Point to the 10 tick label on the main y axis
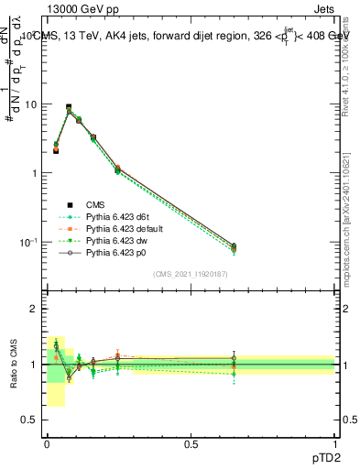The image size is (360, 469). (x=30, y=104)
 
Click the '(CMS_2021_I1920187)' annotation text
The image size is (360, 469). (x=190, y=273)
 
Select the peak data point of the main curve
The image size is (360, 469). (x=69, y=107)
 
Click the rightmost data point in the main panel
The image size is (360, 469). (x=234, y=246)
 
